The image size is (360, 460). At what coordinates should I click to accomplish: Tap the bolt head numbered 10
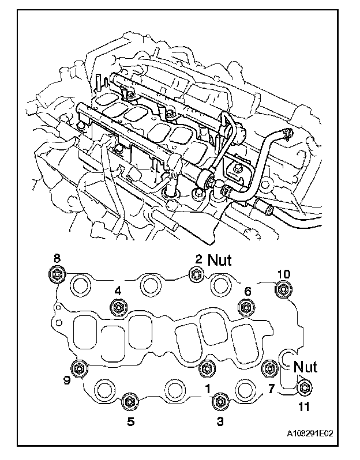(283, 288)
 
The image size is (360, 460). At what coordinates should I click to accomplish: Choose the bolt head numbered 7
(269, 367)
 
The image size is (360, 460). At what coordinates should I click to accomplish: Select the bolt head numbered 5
(131, 401)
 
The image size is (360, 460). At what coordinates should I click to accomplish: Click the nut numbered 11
(304, 389)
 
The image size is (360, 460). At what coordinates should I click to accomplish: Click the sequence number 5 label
(131, 421)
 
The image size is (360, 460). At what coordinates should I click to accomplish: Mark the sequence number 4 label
(118, 292)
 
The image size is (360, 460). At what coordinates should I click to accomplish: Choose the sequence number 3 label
(220, 421)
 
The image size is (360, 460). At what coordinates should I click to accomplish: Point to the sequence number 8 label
(57, 258)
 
